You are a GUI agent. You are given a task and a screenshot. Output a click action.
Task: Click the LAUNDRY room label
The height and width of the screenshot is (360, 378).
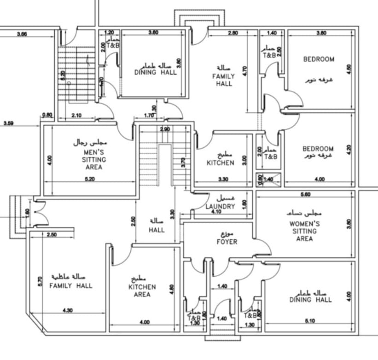tap(220, 207)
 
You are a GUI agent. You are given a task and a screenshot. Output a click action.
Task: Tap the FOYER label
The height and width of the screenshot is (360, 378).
tap(227, 241)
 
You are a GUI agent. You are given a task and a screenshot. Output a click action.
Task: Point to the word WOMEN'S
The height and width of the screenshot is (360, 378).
tap(304, 224)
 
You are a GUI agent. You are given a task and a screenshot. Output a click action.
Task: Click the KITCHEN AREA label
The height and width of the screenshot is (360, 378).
tap(142, 290)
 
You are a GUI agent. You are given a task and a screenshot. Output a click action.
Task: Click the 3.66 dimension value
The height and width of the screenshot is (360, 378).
tap(22, 34)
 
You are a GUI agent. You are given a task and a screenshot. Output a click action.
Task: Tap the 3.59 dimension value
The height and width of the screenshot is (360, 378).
tap(8, 123)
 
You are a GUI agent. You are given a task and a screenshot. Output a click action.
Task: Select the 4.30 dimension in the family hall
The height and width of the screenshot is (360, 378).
tap(67, 311)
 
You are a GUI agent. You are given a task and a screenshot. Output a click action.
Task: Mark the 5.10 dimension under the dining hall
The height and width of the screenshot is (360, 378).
tap(312, 321)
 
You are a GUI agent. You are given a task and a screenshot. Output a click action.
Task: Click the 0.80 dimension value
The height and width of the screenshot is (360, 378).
tap(47, 115)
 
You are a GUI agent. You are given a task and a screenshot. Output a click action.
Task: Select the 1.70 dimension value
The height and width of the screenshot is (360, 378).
tap(149, 116)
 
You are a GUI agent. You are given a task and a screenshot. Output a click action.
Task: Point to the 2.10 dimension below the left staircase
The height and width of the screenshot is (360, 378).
tap(76, 116)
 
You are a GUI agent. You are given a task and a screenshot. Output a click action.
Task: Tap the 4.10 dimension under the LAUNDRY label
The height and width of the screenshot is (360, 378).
tap(215, 212)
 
